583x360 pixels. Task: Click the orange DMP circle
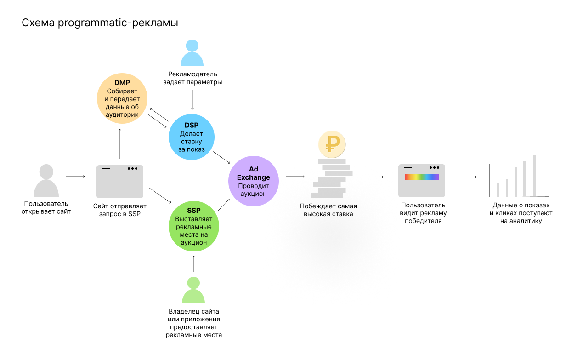122,98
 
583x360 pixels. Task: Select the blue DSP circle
192,137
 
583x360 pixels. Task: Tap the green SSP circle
193,226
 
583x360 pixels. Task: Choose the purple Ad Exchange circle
253,181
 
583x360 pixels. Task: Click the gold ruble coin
332,144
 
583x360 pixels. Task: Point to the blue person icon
192,53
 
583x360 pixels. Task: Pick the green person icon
193,290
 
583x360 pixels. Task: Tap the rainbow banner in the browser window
422,177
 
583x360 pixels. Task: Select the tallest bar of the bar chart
534,176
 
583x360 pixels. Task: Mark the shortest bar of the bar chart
498,189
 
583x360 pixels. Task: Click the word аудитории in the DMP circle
122,114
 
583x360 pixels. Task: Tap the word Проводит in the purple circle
253,186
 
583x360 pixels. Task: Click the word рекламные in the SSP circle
193,227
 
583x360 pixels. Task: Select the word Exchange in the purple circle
253,177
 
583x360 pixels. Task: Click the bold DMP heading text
122,83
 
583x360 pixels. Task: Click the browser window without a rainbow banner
119,182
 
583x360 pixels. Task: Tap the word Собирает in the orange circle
122,91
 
